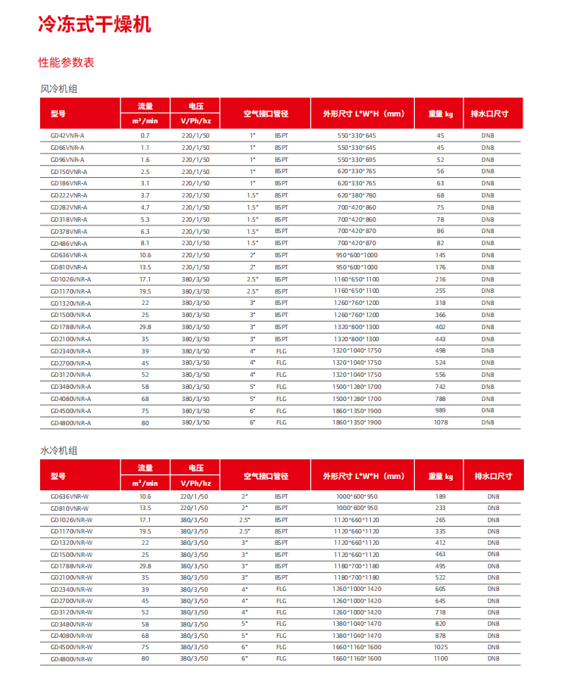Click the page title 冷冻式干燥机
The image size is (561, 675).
95,23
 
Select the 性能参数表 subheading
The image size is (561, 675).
67,62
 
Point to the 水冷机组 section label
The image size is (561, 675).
58,451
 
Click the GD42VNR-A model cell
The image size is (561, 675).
67,135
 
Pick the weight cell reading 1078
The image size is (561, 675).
441,422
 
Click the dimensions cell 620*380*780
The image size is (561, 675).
357,195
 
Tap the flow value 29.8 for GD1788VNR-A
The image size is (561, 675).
145,327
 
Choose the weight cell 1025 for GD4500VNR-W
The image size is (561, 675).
441,647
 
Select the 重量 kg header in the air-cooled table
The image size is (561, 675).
441,114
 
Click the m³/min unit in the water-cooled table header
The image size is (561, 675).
145,483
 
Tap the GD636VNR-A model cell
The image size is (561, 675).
69,255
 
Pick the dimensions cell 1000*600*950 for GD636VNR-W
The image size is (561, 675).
357,496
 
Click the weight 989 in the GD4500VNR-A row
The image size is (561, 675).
441,410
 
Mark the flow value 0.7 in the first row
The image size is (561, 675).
145,135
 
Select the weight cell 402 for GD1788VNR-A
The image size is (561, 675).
441,327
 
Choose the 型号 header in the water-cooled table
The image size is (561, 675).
58,476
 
